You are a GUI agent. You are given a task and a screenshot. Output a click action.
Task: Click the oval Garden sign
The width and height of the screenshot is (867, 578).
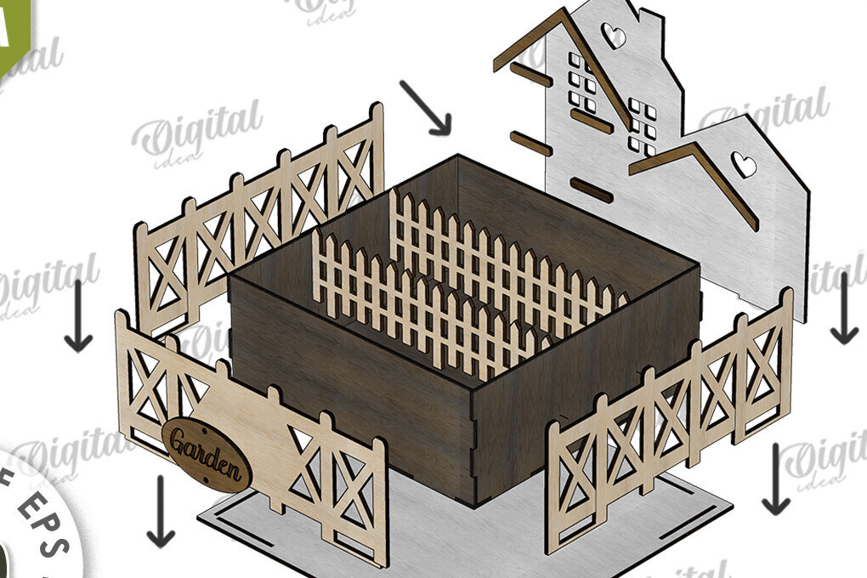click(x=207, y=455)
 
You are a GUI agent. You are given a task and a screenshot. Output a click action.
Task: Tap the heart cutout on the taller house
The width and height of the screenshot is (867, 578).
click(x=614, y=37)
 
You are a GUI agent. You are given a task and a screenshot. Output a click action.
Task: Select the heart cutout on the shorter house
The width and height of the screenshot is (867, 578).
click(x=745, y=165)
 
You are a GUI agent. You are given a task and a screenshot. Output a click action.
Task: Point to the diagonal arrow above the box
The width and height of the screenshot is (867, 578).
click(x=427, y=108)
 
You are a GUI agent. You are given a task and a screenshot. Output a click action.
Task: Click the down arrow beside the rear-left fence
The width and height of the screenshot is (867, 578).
click(x=78, y=316)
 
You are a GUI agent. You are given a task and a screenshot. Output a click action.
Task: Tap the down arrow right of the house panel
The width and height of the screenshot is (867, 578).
click(x=843, y=308)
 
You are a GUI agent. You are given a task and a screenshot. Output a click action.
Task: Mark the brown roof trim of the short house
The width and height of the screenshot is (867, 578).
click(x=705, y=174)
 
